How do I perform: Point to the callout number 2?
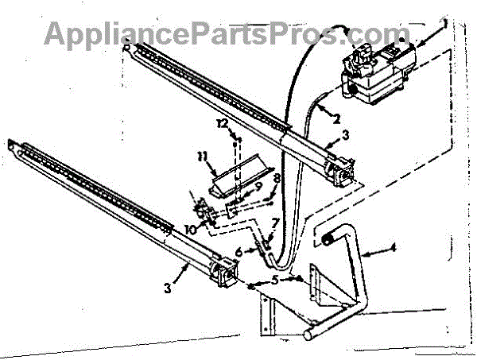point(335,118)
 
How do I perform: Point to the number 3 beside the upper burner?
point(345,138)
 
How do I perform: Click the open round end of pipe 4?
point(328,236)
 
